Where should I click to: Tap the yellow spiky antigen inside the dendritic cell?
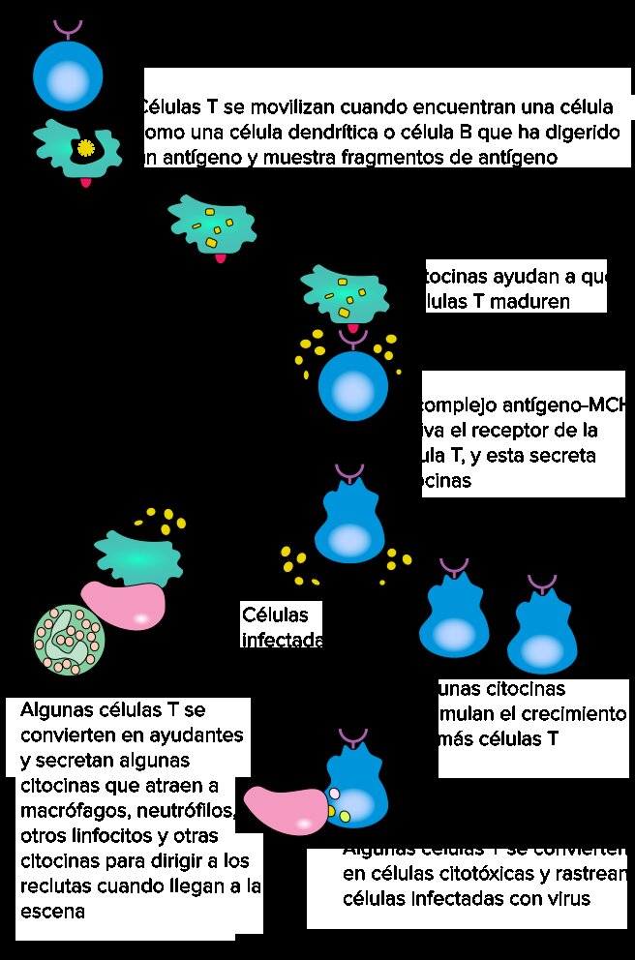tap(85, 147)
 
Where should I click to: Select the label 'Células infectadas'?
tap(280, 626)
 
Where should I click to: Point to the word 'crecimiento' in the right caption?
tap(577, 714)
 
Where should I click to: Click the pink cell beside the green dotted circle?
tap(123, 606)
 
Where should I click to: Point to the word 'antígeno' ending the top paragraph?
tap(523, 157)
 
